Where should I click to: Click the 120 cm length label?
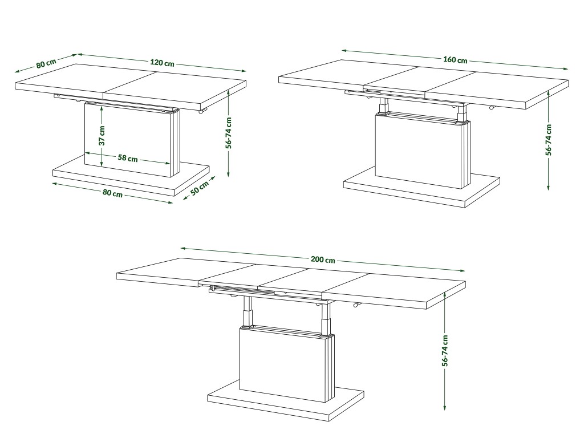pos(163,63)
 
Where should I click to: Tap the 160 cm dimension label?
pos(455,59)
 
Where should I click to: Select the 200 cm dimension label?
pos(323,259)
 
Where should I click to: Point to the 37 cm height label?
pos(102,135)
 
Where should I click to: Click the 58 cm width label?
pos(128,159)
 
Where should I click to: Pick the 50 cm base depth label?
pos(200,188)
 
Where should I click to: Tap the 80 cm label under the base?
pos(112,193)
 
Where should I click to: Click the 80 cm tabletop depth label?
pos(46,63)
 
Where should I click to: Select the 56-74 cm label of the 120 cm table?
pos(229,133)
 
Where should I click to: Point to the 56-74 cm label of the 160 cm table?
pos(548,140)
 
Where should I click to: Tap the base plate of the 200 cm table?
pos(286,401)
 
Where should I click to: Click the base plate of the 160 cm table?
pos(421,187)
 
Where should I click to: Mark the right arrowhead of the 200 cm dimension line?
pos(463,271)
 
